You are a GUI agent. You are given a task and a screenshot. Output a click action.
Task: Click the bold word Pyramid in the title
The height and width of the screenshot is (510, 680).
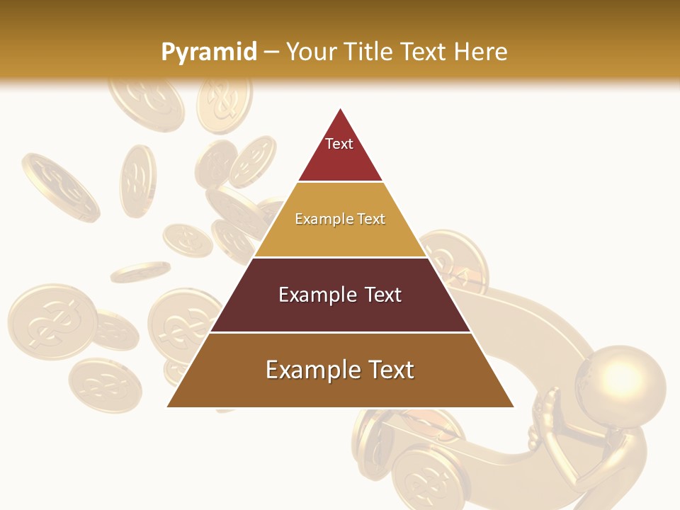(x=208, y=52)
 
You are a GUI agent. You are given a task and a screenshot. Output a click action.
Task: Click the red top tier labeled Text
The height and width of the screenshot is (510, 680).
(x=340, y=152)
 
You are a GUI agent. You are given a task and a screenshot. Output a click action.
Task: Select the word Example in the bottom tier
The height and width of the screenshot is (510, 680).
(x=310, y=370)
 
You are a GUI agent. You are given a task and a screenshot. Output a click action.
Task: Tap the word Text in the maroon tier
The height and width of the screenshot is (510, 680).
(x=383, y=295)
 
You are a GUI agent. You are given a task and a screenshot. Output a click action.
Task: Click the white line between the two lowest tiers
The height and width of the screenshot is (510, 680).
(x=340, y=332)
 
